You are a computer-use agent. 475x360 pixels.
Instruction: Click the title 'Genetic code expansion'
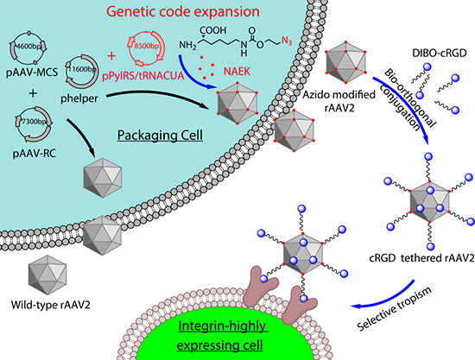pos(183,11)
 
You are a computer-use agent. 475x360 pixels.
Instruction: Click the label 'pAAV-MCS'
pos(32,73)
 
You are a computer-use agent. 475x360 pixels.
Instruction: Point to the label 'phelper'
pos(79,98)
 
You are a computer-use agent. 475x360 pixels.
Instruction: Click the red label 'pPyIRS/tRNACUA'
pos(143,76)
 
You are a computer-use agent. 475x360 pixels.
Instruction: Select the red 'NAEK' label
pos(237,72)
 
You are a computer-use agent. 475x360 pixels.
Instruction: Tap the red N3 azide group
pos(287,41)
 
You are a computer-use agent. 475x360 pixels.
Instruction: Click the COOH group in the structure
pos(212,30)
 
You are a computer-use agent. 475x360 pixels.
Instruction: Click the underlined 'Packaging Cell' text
pos(160,135)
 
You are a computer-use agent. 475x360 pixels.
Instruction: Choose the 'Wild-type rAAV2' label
pos(51,304)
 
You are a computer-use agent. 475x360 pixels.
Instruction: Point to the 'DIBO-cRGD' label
pos(440,53)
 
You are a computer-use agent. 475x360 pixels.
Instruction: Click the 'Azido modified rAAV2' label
pos(339,101)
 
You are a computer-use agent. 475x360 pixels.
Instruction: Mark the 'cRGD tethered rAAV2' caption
pos(421,258)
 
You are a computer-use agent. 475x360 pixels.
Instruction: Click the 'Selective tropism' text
pos(394,309)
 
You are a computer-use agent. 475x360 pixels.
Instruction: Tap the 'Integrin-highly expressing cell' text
pos(221,336)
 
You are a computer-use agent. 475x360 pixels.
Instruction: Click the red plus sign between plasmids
pos(111,56)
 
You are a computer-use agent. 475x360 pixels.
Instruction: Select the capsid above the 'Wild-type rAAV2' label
pos(47,275)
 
